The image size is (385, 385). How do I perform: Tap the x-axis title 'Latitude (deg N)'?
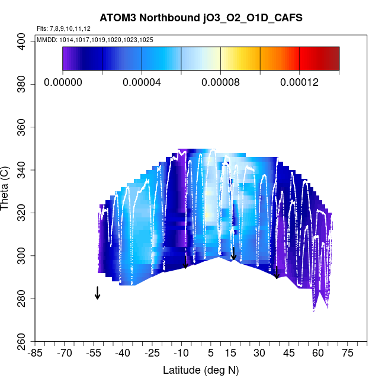click(201, 370)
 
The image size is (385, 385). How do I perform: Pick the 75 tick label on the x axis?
click(347, 354)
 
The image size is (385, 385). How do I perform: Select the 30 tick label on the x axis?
click(259, 354)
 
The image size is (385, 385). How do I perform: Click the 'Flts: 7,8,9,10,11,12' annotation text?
click(63, 28)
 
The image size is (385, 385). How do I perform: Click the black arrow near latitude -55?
click(97, 293)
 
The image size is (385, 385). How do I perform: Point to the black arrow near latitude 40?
click(276, 272)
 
